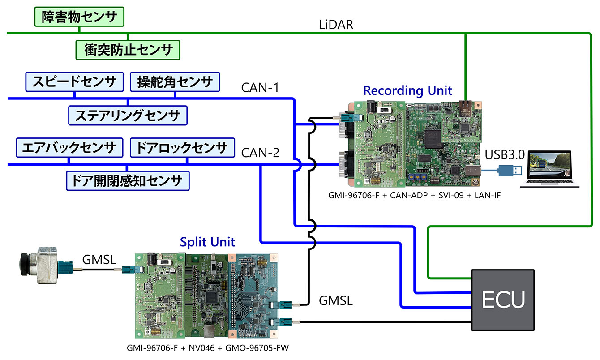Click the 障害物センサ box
[79, 17]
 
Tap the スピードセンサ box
[74, 81]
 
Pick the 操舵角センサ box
[175, 81]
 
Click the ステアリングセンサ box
[128, 115]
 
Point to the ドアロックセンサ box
[182, 147]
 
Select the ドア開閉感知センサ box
[128, 180]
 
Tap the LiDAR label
[336, 25]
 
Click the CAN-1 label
[260, 87]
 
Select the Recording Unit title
[407, 90]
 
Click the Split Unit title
[207, 242]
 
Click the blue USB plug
[511, 171]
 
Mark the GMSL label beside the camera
[99, 258]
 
